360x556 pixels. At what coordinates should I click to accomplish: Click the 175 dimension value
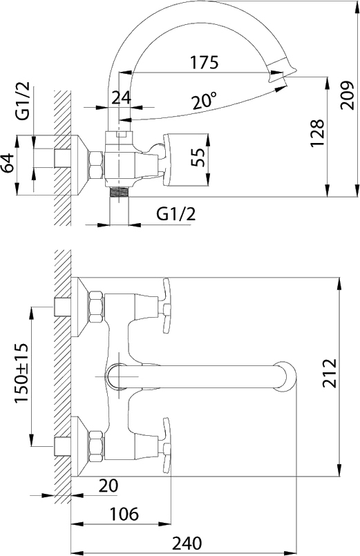205,62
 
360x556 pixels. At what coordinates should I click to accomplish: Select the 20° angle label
205,100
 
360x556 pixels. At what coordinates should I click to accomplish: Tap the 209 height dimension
348,95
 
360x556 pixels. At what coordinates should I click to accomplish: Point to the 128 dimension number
317,133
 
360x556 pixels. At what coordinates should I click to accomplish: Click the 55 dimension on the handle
198,157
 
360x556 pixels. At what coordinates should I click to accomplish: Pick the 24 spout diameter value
122,97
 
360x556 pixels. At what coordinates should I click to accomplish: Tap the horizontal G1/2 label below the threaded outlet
176,214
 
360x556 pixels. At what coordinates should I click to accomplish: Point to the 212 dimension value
329,374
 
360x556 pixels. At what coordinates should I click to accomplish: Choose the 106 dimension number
124,514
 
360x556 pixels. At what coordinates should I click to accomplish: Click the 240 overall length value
187,543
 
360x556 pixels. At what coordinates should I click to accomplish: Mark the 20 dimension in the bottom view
108,486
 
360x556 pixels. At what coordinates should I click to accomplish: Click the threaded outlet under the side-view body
119,191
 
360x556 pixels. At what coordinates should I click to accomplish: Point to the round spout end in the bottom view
285,376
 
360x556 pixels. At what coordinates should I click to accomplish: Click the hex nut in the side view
96,164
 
